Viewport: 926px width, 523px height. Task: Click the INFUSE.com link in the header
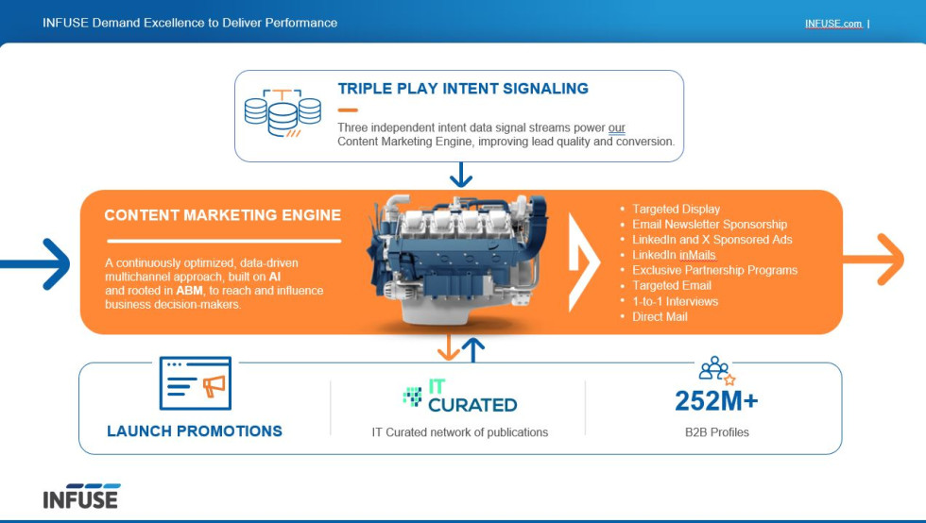pyautogui.click(x=832, y=24)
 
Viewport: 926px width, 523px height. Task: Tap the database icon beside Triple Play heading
pyautogui.click(x=283, y=113)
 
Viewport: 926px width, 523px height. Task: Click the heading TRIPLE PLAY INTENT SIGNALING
pyautogui.click(x=463, y=89)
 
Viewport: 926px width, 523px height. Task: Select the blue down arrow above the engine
pyautogui.click(x=461, y=175)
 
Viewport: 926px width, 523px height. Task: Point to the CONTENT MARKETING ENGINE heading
pyautogui.click(x=222, y=215)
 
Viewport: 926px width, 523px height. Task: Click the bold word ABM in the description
pyautogui.click(x=190, y=291)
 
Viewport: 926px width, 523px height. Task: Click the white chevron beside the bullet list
pyautogui.click(x=584, y=262)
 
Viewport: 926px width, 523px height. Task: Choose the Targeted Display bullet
pyautogui.click(x=676, y=209)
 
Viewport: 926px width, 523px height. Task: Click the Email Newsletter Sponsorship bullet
pyautogui.click(x=709, y=225)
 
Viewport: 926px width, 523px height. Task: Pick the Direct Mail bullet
pyautogui.click(x=660, y=317)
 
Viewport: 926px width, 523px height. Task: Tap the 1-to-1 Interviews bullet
pyautogui.click(x=675, y=301)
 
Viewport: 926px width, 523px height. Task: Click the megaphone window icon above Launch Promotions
pyautogui.click(x=195, y=383)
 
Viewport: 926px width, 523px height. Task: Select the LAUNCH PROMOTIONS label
pyautogui.click(x=195, y=431)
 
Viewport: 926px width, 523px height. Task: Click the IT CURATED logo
pyautogui.click(x=460, y=396)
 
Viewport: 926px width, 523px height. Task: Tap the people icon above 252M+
pyautogui.click(x=715, y=369)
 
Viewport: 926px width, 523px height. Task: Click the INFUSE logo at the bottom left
pyautogui.click(x=81, y=497)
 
